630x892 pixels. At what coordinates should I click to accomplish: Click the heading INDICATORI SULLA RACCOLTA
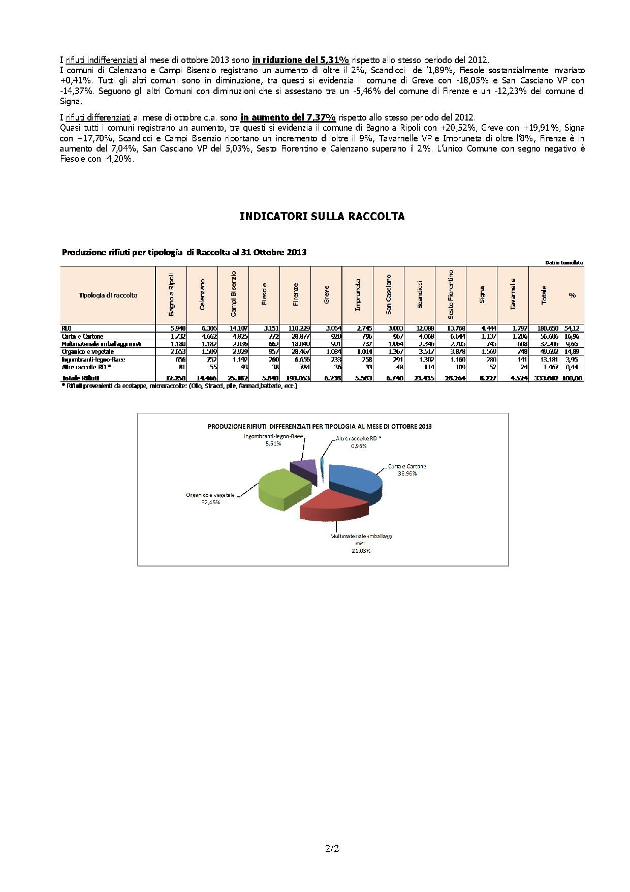pos(322,217)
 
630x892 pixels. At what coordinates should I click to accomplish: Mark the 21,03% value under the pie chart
pos(360,551)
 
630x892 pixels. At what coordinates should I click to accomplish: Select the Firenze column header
pos(296,295)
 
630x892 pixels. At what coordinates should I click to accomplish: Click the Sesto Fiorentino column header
pos(451,295)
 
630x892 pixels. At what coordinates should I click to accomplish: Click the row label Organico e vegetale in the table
pos(87,351)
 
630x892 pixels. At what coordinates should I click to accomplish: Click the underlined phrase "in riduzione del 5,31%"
pos(300,60)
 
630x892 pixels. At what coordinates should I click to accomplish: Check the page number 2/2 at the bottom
pos(332,848)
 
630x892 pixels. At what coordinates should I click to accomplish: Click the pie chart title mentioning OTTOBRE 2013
pos(320,426)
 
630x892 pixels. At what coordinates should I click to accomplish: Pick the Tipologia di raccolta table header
pos(108,295)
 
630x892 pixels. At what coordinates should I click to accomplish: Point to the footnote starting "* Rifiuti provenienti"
pos(179,386)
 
